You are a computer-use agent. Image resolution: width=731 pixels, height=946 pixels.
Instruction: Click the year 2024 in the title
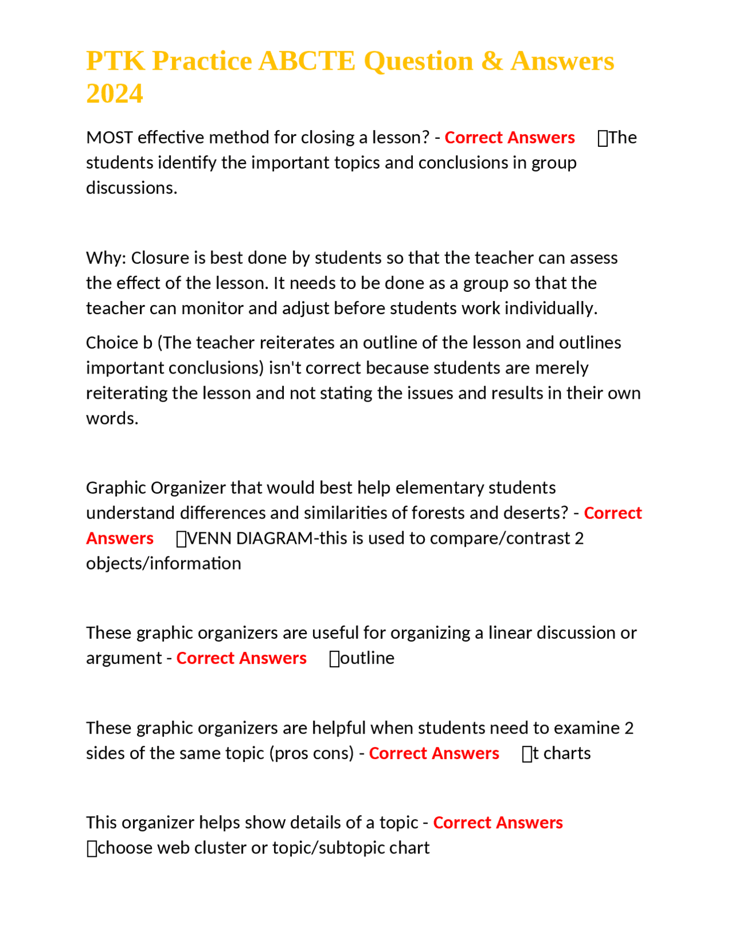point(114,94)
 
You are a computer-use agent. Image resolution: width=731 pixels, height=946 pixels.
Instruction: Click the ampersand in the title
point(491,61)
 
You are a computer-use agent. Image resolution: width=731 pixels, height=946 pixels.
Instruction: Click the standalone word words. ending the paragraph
point(112,419)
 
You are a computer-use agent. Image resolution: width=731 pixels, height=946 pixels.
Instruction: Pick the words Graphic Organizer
point(156,488)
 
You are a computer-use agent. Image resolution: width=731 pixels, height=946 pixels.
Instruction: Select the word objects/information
point(163,564)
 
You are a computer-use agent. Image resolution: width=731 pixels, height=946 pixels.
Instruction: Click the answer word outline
point(367,658)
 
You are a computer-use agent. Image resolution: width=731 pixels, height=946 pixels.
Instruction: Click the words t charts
point(561,753)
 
